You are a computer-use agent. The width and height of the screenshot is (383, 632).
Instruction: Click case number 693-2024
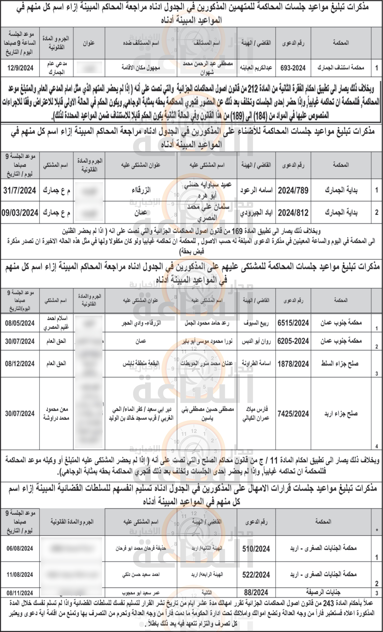coord(293,68)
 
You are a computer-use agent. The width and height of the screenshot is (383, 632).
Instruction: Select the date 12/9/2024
coord(20,68)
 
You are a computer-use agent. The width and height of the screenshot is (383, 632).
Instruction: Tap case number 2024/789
coord(293,190)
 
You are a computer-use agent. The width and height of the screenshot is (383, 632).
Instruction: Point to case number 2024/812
coord(293,213)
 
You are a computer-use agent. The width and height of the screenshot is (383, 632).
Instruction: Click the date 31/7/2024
coord(20,190)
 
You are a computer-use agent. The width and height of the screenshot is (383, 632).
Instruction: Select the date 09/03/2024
coord(20,213)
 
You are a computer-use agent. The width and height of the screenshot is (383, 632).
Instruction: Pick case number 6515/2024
coord(293,323)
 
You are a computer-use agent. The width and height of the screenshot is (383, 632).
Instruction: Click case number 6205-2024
coord(293,341)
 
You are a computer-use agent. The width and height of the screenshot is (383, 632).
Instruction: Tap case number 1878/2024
coord(293,364)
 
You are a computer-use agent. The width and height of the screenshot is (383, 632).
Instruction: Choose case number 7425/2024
coord(293,414)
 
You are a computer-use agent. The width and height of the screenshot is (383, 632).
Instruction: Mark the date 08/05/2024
coord(20,323)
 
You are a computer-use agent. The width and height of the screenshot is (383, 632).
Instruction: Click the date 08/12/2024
coord(20,364)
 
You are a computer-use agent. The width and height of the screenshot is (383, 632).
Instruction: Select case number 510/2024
coord(256,549)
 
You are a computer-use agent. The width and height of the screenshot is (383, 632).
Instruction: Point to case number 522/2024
coord(256,575)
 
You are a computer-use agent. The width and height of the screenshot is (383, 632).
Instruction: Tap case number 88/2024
coord(256,592)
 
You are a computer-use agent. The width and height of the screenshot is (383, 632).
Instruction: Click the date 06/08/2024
coord(20,549)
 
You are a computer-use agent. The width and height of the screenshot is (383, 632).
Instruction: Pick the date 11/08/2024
coord(20,575)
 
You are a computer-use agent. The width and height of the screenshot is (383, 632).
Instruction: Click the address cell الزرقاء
coord(141,190)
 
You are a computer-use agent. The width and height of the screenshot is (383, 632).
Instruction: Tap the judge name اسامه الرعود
coord(256,190)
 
